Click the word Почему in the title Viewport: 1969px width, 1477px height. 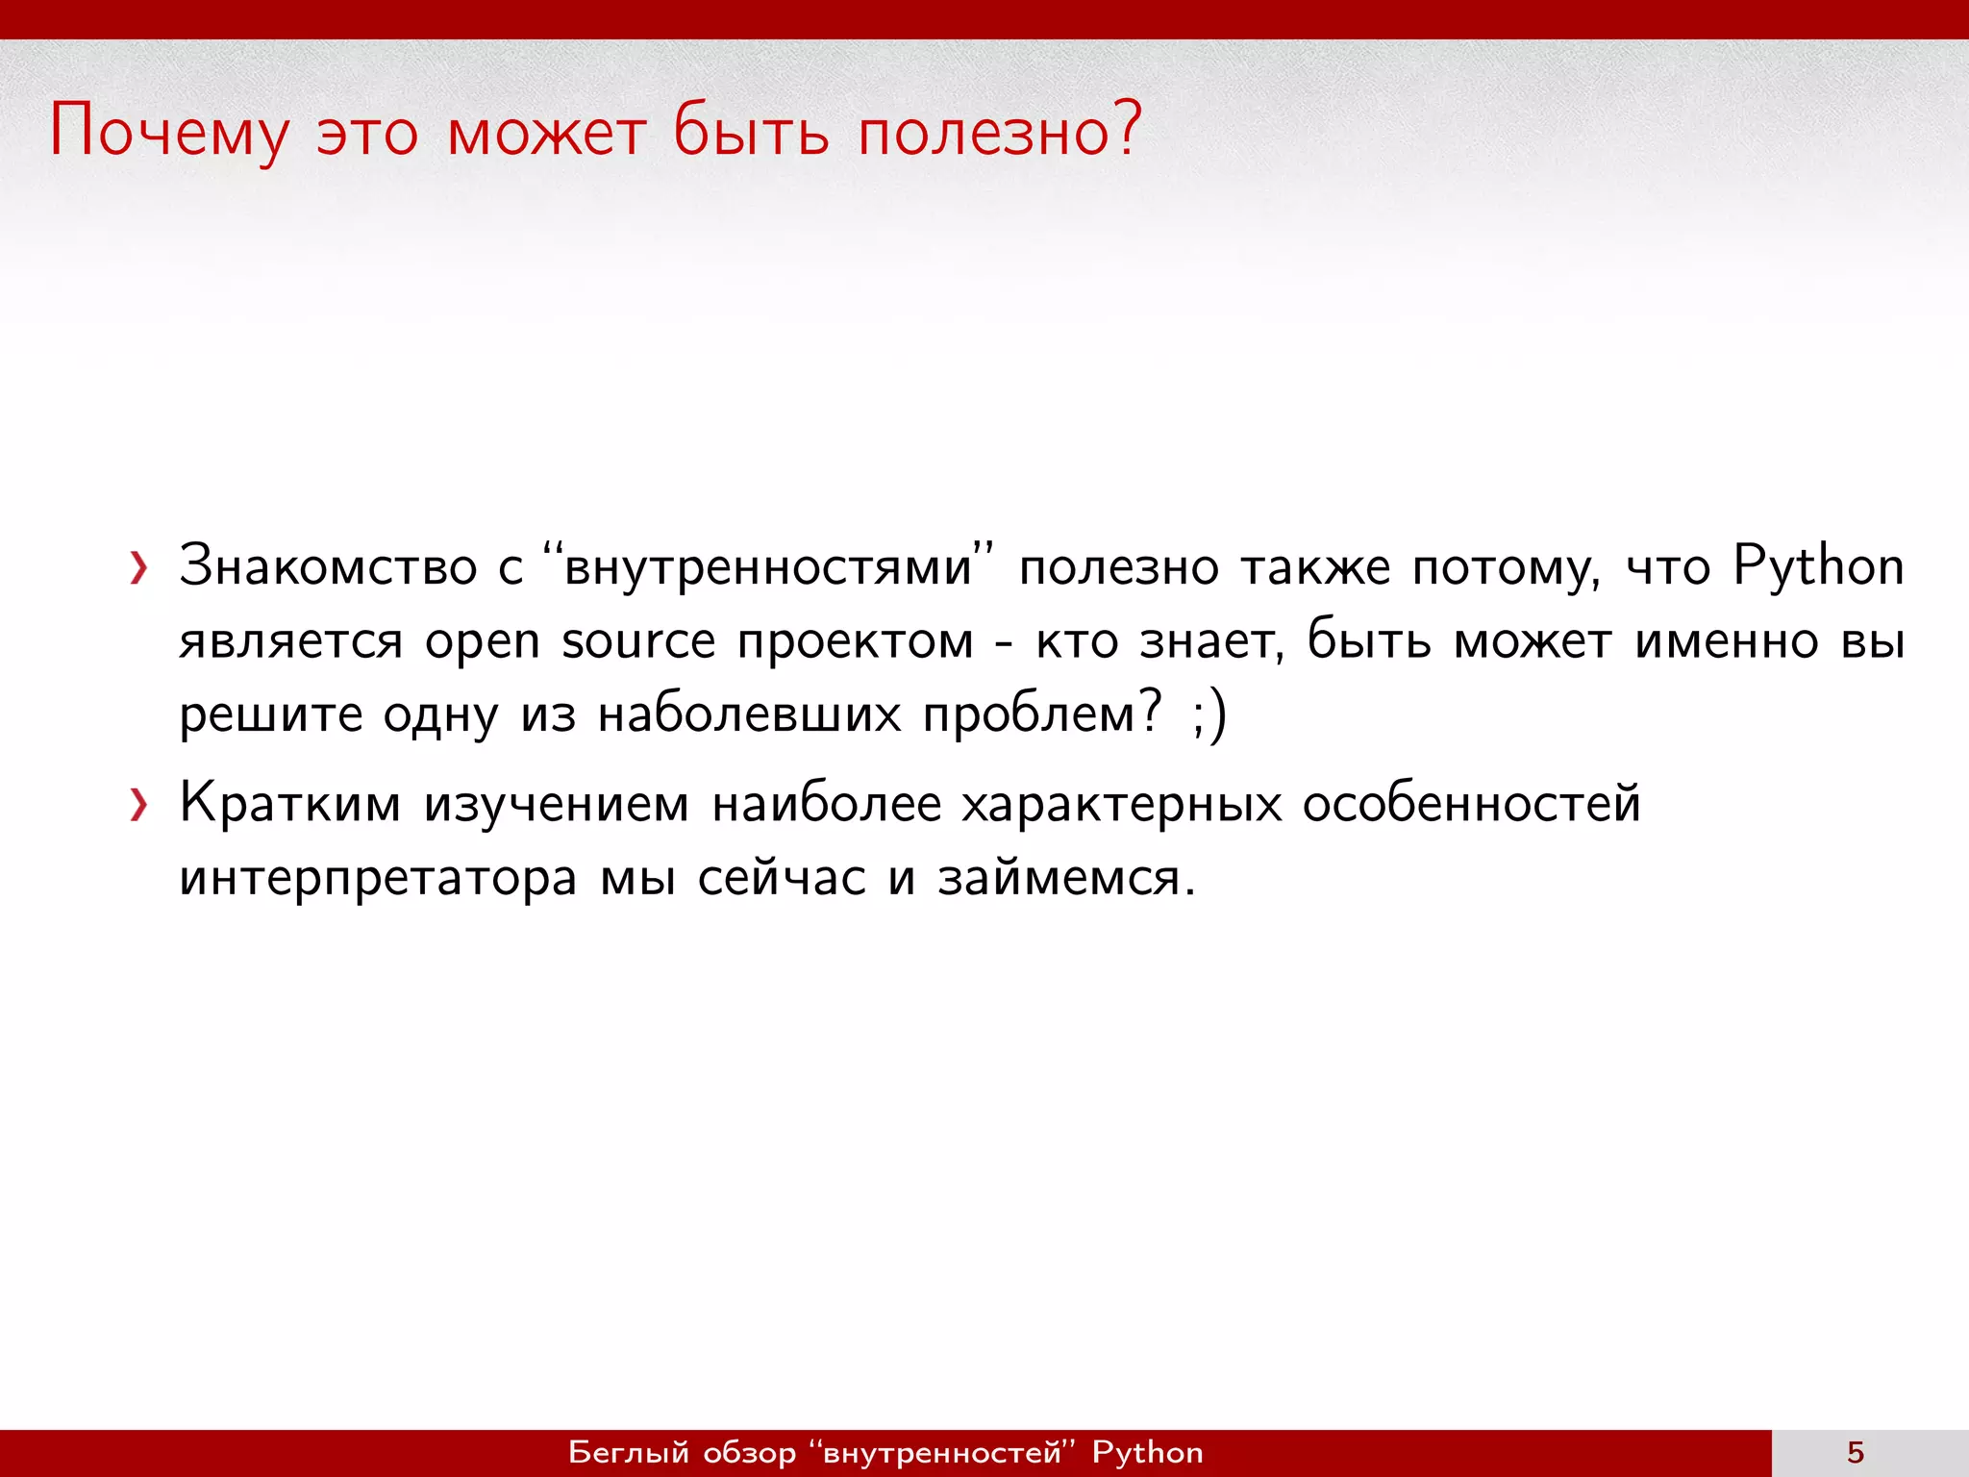point(168,132)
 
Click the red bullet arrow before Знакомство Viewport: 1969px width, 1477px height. point(139,569)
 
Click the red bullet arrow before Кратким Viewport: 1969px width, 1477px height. point(139,806)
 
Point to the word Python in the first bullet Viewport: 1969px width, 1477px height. point(1818,567)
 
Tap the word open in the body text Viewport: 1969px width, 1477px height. point(483,642)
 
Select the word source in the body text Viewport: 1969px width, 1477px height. point(638,642)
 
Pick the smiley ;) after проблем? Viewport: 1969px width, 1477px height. point(1209,716)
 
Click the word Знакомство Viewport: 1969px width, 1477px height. point(328,567)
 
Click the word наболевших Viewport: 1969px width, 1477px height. point(749,716)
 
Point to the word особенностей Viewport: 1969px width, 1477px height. point(1471,804)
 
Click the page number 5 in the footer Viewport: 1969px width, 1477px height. point(1856,1453)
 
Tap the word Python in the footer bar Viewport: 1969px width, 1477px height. point(1147,1453)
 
